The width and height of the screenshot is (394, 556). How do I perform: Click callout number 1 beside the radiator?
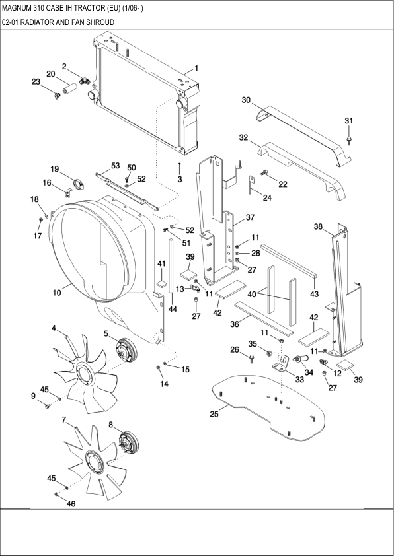pos(196,68)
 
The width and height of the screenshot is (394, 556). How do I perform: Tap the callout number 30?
pos(246,100)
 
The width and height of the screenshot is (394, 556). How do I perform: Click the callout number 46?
pos(71,504)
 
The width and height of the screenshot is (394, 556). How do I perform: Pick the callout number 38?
pos(318,226)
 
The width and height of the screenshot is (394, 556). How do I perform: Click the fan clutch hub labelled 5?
pos(123,349)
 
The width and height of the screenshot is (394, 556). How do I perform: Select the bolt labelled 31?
pos(349,139)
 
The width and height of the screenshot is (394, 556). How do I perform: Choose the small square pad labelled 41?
pos(160,283)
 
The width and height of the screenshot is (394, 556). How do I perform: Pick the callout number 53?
pos(115,165)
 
